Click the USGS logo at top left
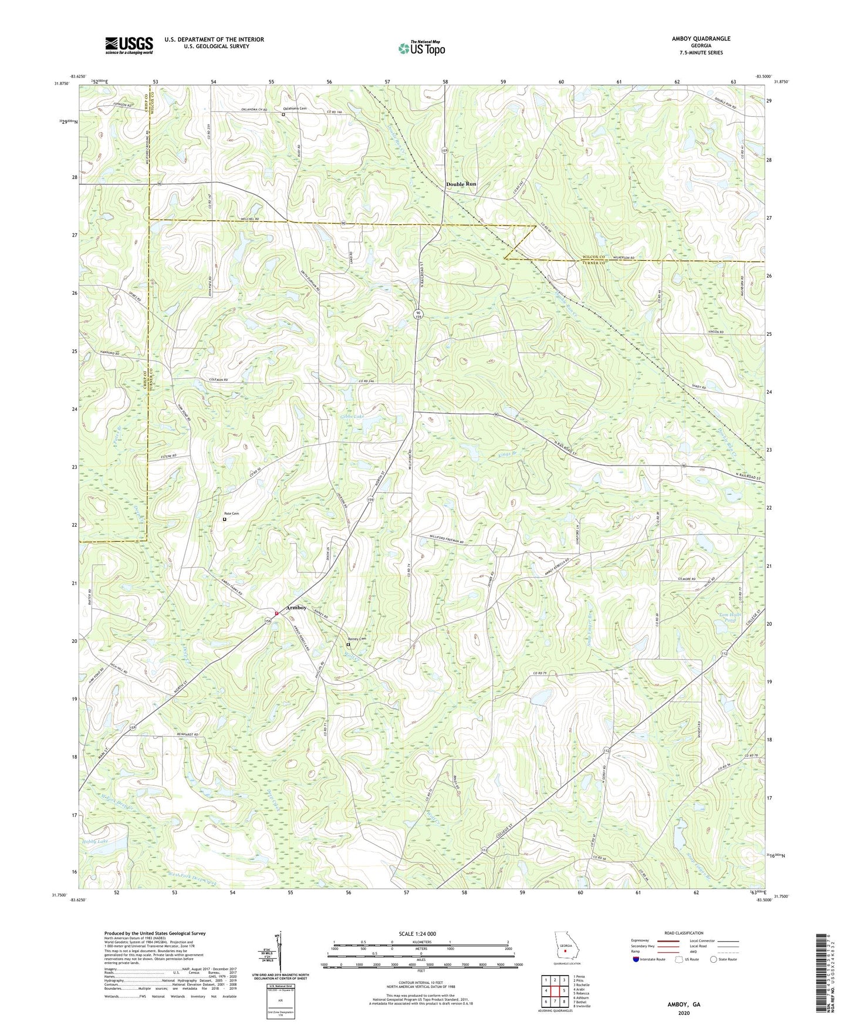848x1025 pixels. (x=129, y=45)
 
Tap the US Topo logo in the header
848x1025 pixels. (x=421, y=48)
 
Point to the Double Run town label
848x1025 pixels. (x=461, y=184)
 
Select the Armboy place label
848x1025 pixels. (x=296, y=608)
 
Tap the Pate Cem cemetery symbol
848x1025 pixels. (x=224, y=520)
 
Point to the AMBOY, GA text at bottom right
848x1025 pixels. (x=684, y=1004)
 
